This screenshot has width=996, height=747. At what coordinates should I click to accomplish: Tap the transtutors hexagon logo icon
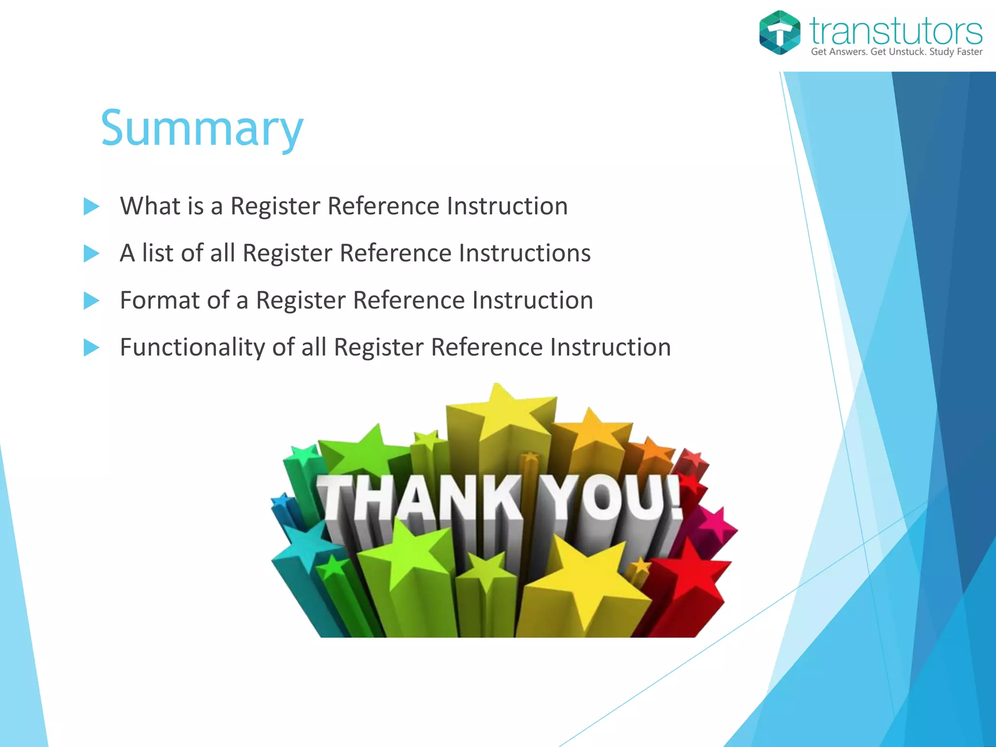click(780, 33)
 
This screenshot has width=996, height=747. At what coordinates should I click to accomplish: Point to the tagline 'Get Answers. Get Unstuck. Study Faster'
click(896, 52)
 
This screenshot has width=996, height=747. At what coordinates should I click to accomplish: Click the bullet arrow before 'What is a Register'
click(91, 206)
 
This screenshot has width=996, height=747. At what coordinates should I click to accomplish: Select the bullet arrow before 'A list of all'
click(91, 253)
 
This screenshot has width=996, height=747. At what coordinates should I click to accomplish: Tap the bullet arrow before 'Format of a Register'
click(91, 301)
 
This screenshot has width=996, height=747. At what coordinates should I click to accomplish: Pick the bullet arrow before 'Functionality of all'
click(91, 348)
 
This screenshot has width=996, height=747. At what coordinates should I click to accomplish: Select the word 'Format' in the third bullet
click(160, 300)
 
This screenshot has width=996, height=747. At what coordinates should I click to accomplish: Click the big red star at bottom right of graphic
click(691, 569)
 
